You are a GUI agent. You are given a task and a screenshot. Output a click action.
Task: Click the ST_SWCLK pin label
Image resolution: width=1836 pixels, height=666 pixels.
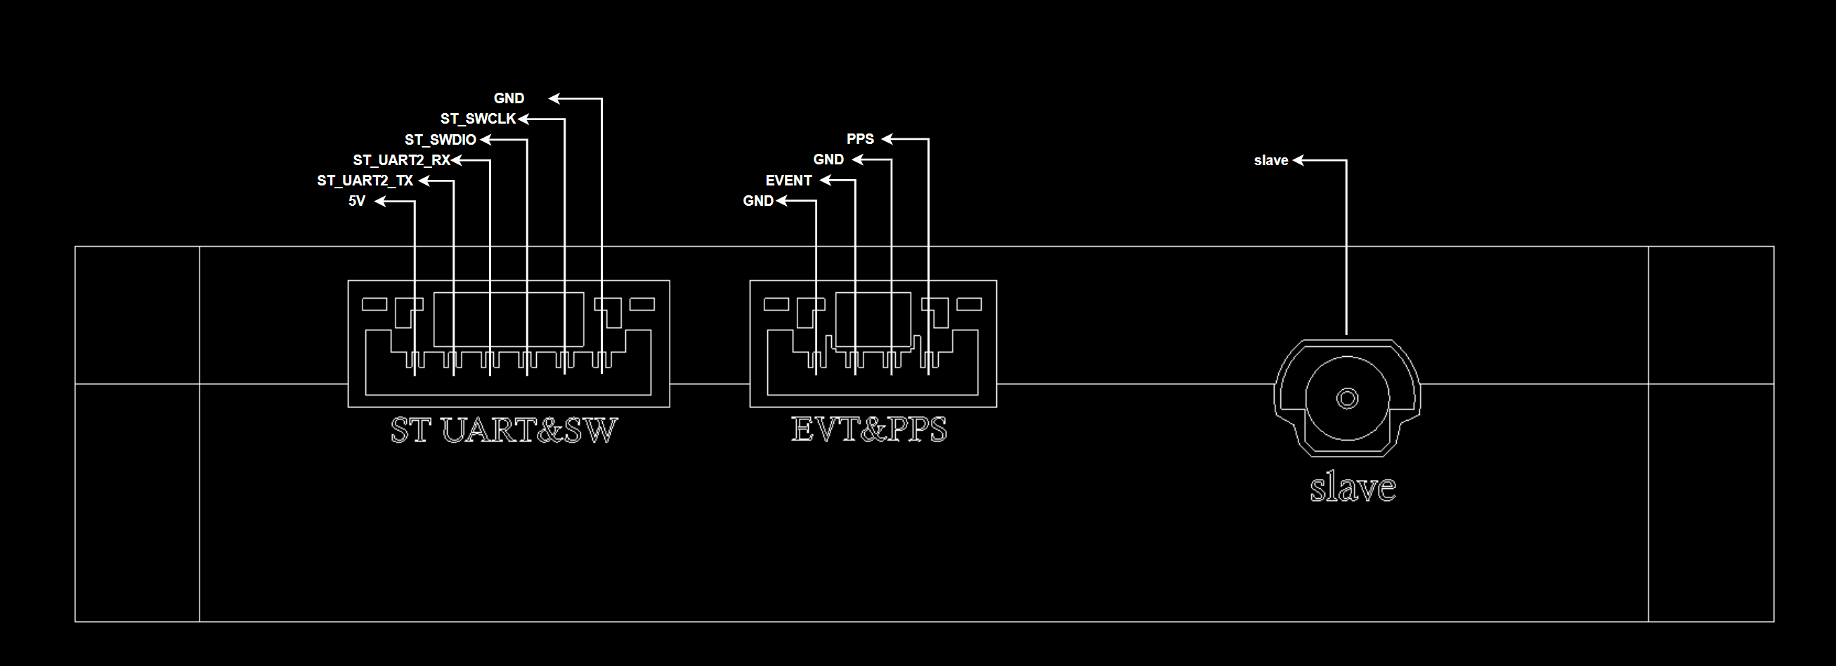tap(478, 119)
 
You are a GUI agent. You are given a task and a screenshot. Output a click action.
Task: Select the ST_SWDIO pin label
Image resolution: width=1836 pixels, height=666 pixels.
tap(440, 140)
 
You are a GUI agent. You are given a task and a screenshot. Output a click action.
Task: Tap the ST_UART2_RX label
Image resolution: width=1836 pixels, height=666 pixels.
tap(401, 160)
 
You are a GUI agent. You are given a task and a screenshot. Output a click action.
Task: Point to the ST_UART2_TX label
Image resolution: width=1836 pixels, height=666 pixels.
tap(365, 181)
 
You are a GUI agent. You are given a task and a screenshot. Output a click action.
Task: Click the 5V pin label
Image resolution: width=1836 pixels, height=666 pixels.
tap(356, 202)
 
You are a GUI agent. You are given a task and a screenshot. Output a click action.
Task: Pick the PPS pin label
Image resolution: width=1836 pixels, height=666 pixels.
tap(859, 139)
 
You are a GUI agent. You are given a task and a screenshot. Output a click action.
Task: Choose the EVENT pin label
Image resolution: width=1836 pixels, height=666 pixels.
tap(788, 181)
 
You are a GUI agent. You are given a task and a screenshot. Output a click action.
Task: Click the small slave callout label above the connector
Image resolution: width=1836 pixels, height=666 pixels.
tap(1271, 161)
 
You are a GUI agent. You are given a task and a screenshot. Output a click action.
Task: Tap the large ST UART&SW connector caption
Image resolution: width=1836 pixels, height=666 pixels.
tap(504, 430)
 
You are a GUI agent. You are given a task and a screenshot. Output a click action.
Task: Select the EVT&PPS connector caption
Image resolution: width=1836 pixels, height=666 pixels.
tap(869, 429)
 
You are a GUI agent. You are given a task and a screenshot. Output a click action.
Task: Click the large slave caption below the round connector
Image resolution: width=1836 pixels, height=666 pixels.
tap(1352, 488)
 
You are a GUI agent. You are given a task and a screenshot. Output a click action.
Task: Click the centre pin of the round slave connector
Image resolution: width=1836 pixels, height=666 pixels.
tap(1347, 398)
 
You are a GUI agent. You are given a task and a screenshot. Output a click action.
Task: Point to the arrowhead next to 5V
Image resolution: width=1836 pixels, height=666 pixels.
tap(381, 202)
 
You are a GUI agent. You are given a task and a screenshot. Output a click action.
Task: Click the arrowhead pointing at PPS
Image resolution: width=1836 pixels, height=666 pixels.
tap(887, 139)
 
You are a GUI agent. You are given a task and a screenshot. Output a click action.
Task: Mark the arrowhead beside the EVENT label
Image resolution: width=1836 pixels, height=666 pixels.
tap(826, 181)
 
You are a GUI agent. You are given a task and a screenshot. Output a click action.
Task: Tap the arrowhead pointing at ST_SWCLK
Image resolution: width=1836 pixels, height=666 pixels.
tap(523, 119)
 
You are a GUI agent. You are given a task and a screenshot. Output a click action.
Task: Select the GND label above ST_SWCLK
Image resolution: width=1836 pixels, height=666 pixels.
tap(509, 98)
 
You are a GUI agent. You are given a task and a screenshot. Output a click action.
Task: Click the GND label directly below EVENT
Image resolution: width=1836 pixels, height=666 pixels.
tap(757, 202)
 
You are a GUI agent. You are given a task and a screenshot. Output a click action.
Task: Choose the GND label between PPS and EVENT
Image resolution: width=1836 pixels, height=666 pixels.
tap(828, 159)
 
